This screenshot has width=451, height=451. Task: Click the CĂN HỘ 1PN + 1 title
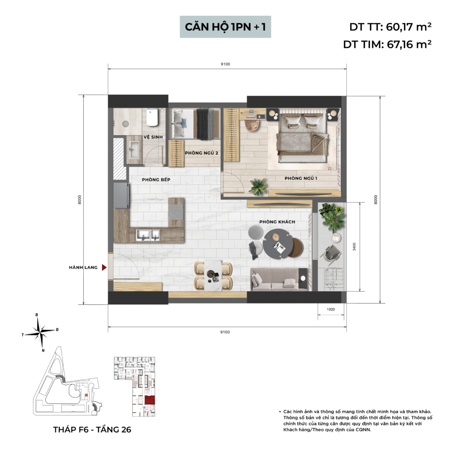coord(225,27)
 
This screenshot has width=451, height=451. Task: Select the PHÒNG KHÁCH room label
coord(277,222)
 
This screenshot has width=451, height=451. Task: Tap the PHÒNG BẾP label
coord(156,180)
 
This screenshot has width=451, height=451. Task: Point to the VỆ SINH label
coord(153,137)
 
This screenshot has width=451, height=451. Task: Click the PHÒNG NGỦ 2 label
coord(201,153)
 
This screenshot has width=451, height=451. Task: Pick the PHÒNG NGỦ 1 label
coord(301,178)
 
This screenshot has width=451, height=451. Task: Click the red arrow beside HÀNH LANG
coord(104,267)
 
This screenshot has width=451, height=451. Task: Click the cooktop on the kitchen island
coord(176,212)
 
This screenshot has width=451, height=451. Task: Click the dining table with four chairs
coord(213,276)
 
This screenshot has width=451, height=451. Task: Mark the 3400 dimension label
coord(355,247)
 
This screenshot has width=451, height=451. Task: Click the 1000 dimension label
coord(331,310)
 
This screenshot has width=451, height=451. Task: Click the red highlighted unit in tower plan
coord(150,400)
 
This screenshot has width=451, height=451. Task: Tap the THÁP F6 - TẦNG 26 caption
coord(92,429)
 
